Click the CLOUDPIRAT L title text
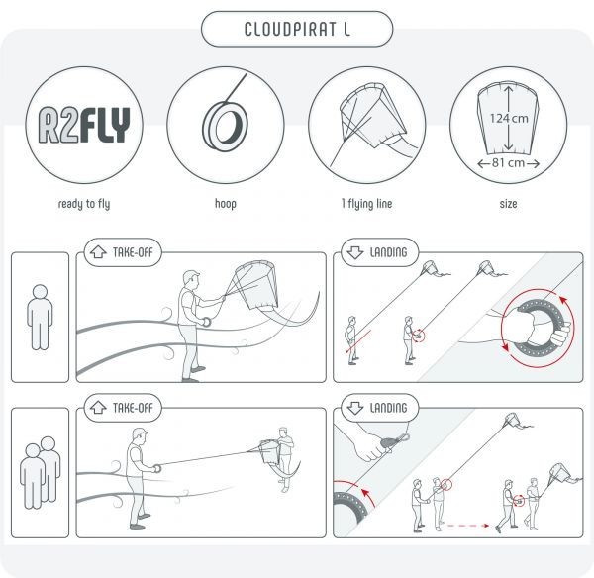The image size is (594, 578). pos(297,29)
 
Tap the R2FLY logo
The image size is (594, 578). pos(84,125)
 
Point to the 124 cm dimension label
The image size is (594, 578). pos(509,118)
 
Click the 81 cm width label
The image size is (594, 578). pos(509,163)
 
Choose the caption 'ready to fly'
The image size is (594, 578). pos(84,204)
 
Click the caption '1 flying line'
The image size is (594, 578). pos(366,204)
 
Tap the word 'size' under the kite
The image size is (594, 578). pos(509,204)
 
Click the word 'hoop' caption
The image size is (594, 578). pos(226,204)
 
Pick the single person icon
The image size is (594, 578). pos(40,318)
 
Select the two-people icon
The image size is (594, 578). pos(41,473)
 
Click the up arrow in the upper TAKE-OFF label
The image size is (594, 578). pos(98,252)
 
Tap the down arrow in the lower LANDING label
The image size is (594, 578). pos(355,408)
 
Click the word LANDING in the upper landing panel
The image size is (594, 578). pos(388,252)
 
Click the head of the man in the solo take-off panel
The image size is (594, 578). pos(191,279)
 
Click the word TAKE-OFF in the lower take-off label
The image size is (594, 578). pos(133,408)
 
